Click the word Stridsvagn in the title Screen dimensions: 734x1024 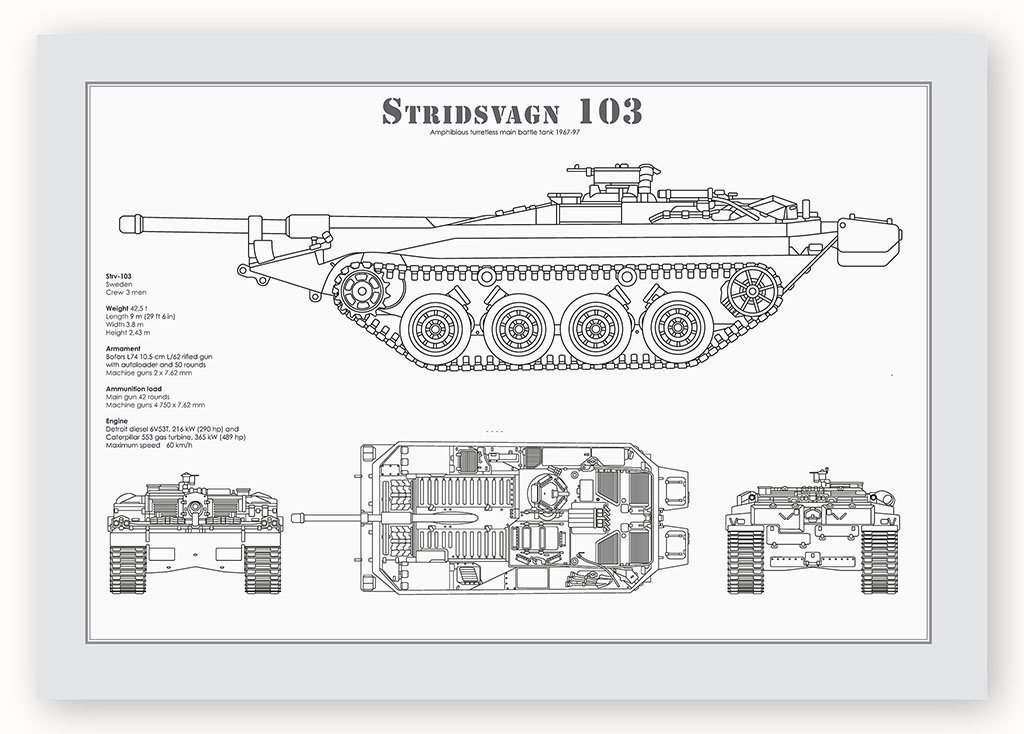(465, 111)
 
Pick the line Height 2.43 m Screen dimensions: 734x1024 (129, 332)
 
